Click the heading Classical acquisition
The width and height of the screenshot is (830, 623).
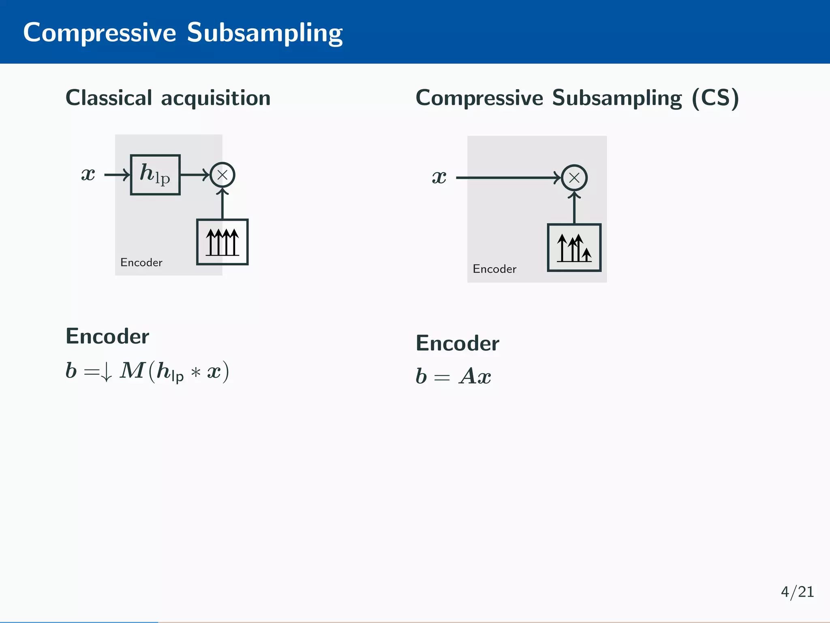pyautogui.click(x=168, y=98)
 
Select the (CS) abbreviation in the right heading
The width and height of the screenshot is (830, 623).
pyautogui.click(x=715, y=98)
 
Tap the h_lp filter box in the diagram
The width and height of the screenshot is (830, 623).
pyautogui.click(x=155, y=175)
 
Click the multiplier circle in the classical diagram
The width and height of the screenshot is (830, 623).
pyautogui.click(x=222, y=175)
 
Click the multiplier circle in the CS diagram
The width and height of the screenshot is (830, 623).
pyautogui.click(x=574, y=178)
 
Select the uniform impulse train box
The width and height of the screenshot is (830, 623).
pyautogui.click(x=222, y=242)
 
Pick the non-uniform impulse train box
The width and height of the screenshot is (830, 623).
pyautogui.click(x=574, y=247)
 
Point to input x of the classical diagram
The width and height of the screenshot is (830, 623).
pyautogui.click(x=88, y=174)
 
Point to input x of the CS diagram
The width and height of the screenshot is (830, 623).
pyautogui.click(x=439, y=177)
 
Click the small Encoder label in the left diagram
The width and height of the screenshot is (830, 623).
pyautogui.click(x=141, y=263)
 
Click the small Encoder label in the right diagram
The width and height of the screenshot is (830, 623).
pyautogui.click(x=494, y=269)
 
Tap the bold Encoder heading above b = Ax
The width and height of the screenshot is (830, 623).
pyautogui.click(x=457, y=344)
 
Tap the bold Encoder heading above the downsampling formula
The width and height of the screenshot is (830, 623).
pyautogui.click(x=107, y=336)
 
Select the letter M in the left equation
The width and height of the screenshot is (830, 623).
pyautogui.click(x=132, y=371)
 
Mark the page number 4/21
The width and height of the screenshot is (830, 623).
pyautogui.click(x=797, y=592)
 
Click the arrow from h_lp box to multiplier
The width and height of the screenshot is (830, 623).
pyautogui.click(x=195, y=175)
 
